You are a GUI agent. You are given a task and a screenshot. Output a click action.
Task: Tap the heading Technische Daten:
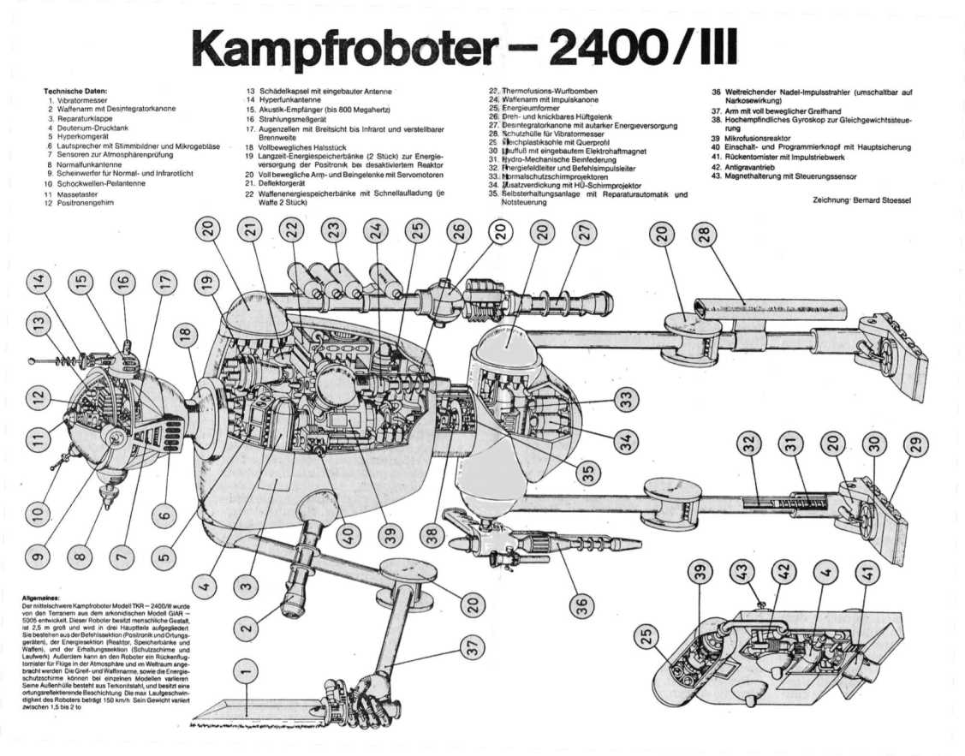[75, 90]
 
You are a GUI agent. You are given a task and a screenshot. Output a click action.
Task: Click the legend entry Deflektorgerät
[283, 182]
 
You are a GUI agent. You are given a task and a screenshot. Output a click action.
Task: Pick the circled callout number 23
[334, 230]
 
